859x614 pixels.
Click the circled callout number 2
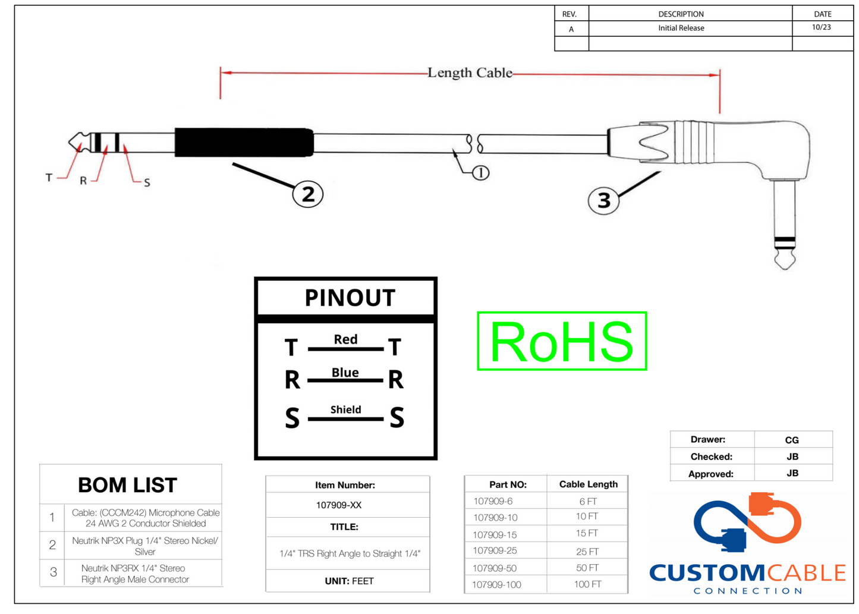(307, 194)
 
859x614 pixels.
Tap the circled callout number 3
(603, 200)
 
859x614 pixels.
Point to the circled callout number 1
(480, 173)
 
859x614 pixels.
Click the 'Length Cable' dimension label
(470, 73)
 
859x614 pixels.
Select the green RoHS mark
(562, 341)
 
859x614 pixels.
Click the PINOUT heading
(350, 298)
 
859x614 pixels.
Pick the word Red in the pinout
(345, 339)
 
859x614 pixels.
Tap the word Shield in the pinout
(345, 410)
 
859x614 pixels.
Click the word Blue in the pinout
(345, 372)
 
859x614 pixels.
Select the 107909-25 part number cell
(495, 551)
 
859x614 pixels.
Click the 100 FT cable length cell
(587, 584)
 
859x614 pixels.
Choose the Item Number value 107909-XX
(338, 505)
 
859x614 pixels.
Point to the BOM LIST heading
(127, 485)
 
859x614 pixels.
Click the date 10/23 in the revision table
(821, 27)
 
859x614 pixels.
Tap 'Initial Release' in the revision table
(681, 28)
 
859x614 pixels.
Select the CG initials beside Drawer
(792, 440)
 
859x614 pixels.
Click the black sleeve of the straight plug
(244, 143)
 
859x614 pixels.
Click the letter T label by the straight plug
(49, 177)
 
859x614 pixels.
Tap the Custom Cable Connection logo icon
(747, 522)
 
